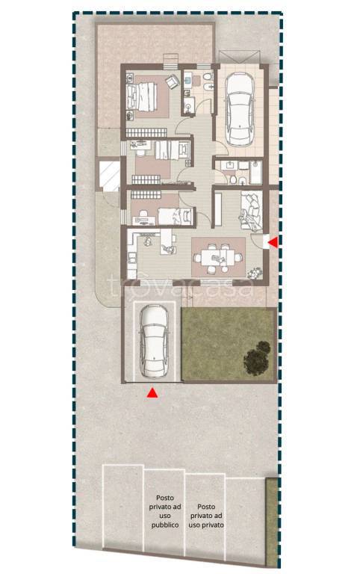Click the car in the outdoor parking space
[x=154, y=341]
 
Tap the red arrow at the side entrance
[x=273, y=241]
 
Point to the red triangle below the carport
[x=152, y=393]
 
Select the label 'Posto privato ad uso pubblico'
[x=165, y=511]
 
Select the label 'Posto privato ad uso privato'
[x=206, y=516]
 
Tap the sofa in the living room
[x=251, y=212]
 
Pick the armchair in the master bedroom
[x=172, y=81]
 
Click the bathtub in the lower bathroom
[x=255, y=172]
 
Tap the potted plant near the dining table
[x=254, y=273]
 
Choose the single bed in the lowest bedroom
[x=175, y=215]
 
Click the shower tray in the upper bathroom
[x=189, y=106]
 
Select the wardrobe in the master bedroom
[x=146, y=132]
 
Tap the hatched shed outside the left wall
[x=109, y=176]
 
